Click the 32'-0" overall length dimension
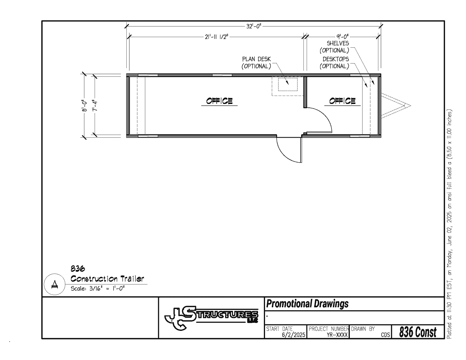pyautogui.click(x=254, y=26)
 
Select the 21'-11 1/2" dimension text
pyautogui.click(x=216, y=37)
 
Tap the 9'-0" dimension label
pyautogui.click(x=342, y=37)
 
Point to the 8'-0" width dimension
pyautogui.click(x=85, y=106)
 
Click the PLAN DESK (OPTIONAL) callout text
pyautogui.click(x=256, y=63)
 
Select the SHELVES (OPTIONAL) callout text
pyautogui.click(x=334, y=47)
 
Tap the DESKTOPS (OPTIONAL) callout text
pyautogui.click(x=334, y=63)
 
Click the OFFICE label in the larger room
pyautogui.click(x=219, y=101)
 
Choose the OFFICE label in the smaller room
pyautogui.click(x=343, y=101)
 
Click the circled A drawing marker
pyautogui.click(x=55, y=284)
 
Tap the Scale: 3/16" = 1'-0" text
pyautogui.click(x=98, y=288)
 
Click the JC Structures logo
pyautogui.click(x=211, y=318)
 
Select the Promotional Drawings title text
pyautogui.click(x=307, y=303)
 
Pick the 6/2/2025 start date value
pyautogui.click(x=293, y=335)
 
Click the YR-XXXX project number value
pyautogui.click(x=337, y=335)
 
